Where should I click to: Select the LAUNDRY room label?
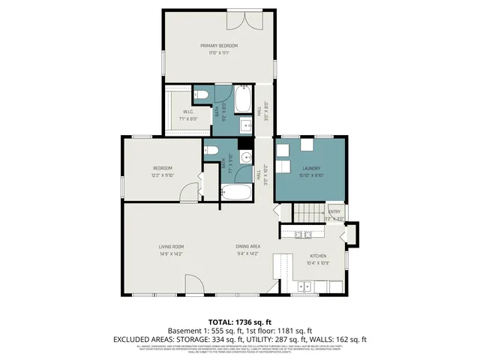click(311, 168)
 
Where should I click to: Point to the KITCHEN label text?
click(318, 256)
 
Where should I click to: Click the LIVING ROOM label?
click(171, 247)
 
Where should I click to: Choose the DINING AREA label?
click(247, 247)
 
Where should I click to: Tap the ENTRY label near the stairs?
click(334, 211)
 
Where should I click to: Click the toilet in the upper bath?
click(199, 94)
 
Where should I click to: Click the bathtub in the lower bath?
click(238, 193)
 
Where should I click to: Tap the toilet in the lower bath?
click(211, 151)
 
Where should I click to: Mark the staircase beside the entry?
click(306, 213)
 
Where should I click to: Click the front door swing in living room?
click(194, 284)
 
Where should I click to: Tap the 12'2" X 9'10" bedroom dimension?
click(163, 175)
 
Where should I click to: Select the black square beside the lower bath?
click(243, 144)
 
